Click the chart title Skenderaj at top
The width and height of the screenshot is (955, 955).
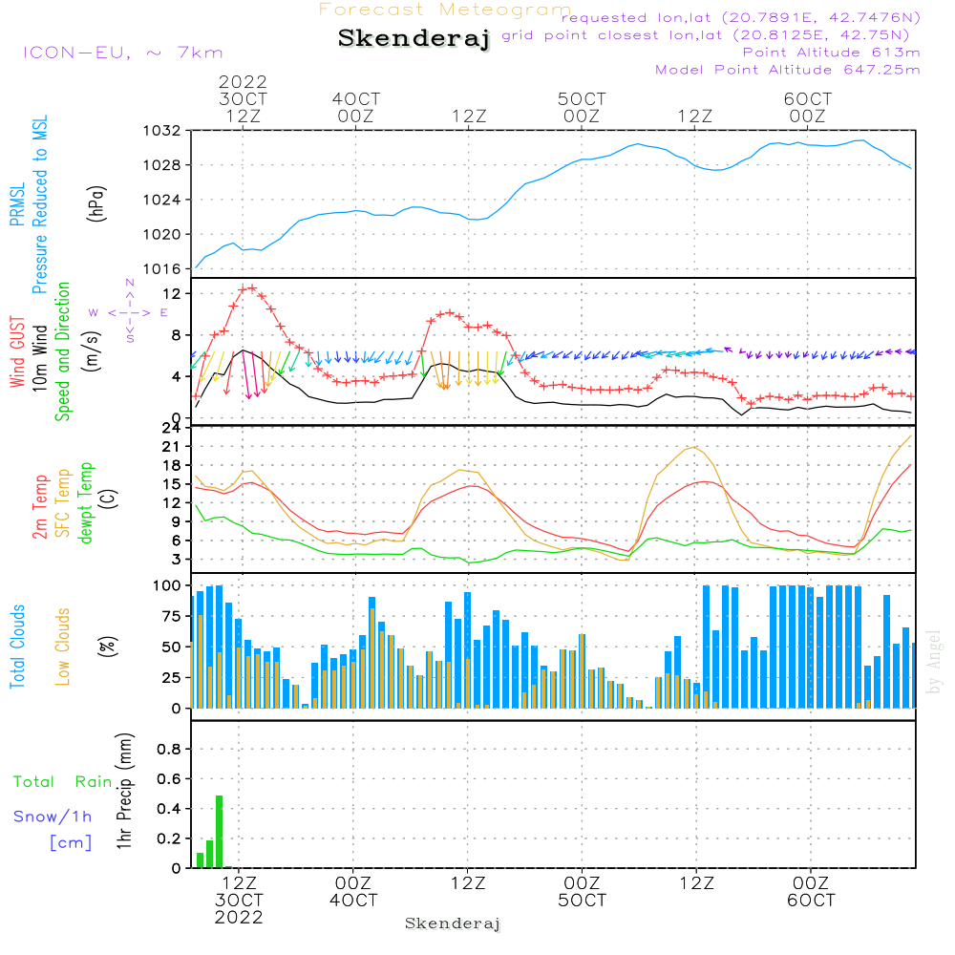click(x=414, y=39)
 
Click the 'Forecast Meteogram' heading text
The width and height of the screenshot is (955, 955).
click(x=445, y=10)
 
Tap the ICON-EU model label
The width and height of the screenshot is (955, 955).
click(x=122, y=53)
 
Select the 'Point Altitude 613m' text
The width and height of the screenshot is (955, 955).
click(x=831, y=53)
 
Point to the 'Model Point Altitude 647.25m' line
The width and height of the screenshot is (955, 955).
click(x=788, y=70)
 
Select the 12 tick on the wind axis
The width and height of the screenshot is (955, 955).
click(x=173, y=292)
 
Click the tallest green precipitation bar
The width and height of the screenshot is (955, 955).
click(x=219, y=831)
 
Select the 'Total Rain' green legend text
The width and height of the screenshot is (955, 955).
click(x=62, y=782)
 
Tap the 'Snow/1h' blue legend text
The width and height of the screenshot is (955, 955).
click(x=53, y=817)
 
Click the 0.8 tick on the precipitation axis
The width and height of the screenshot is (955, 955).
click(x=169, y=750)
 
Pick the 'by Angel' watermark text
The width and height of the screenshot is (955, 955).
click(x=934, y=661)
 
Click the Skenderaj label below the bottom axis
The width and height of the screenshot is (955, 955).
click(x=453, y=923)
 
